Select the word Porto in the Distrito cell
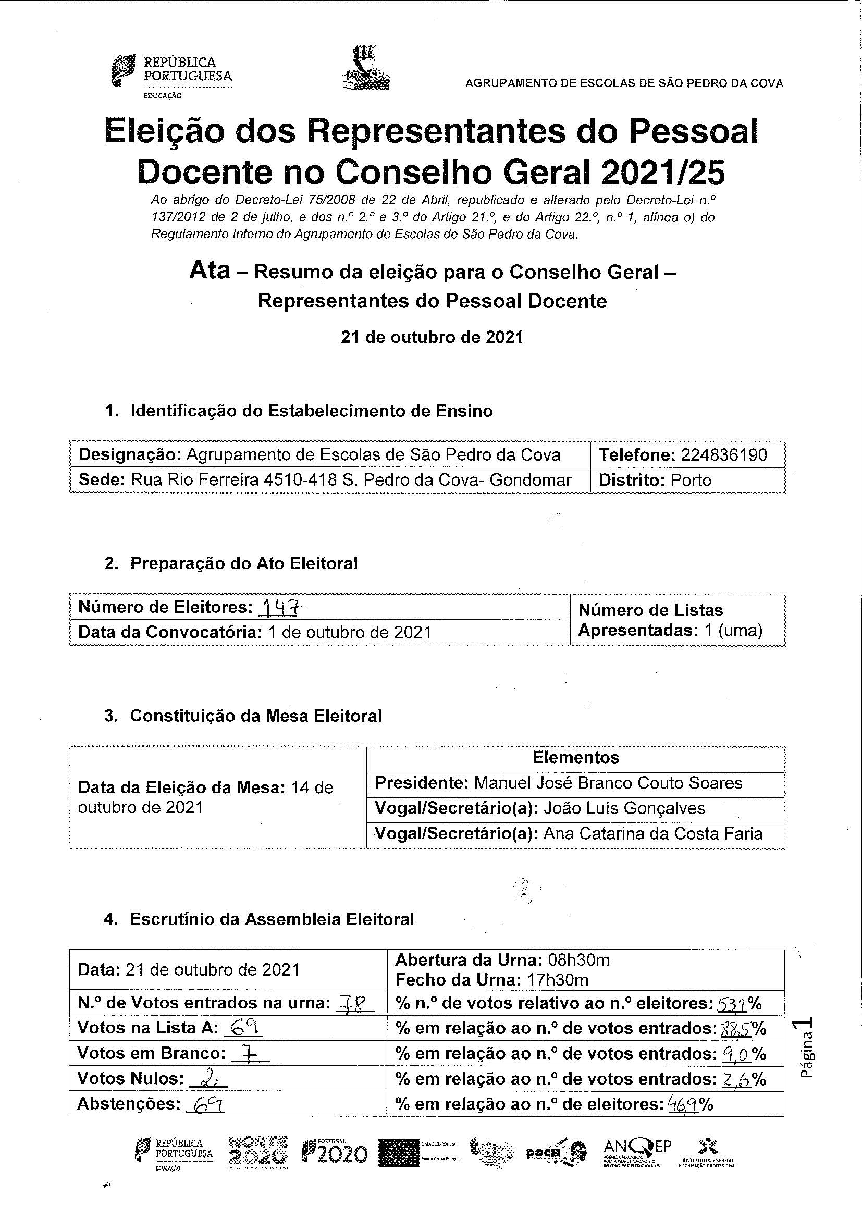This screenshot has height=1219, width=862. (691, 481)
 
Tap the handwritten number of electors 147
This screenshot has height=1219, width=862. (282, 607)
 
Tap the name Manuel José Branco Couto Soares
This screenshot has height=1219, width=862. (608, 783)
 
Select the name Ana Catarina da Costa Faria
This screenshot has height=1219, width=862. (654, 833)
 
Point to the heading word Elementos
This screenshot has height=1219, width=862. (575, 757)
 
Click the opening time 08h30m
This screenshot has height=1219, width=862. (577, 960)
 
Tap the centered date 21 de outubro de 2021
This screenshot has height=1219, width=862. (432, 338)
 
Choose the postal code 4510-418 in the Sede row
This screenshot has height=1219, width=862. (300, 481)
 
